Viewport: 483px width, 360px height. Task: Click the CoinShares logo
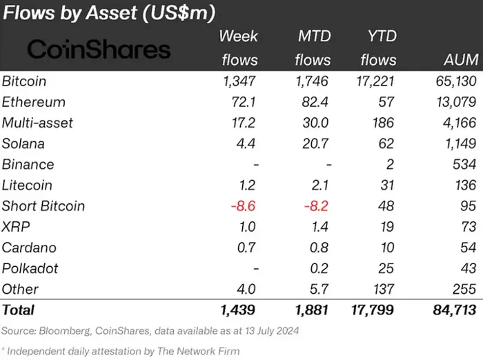coord(99,49)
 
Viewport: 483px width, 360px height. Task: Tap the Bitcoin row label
coord(24,81)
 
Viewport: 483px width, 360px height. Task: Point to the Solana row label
coord(23,143)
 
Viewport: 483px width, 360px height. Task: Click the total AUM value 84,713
coord(452,310)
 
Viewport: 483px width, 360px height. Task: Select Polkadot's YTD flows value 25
coord(386,268)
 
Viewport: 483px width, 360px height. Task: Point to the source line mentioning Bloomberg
coord(150,331)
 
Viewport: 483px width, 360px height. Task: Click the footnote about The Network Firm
coord(121,350)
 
